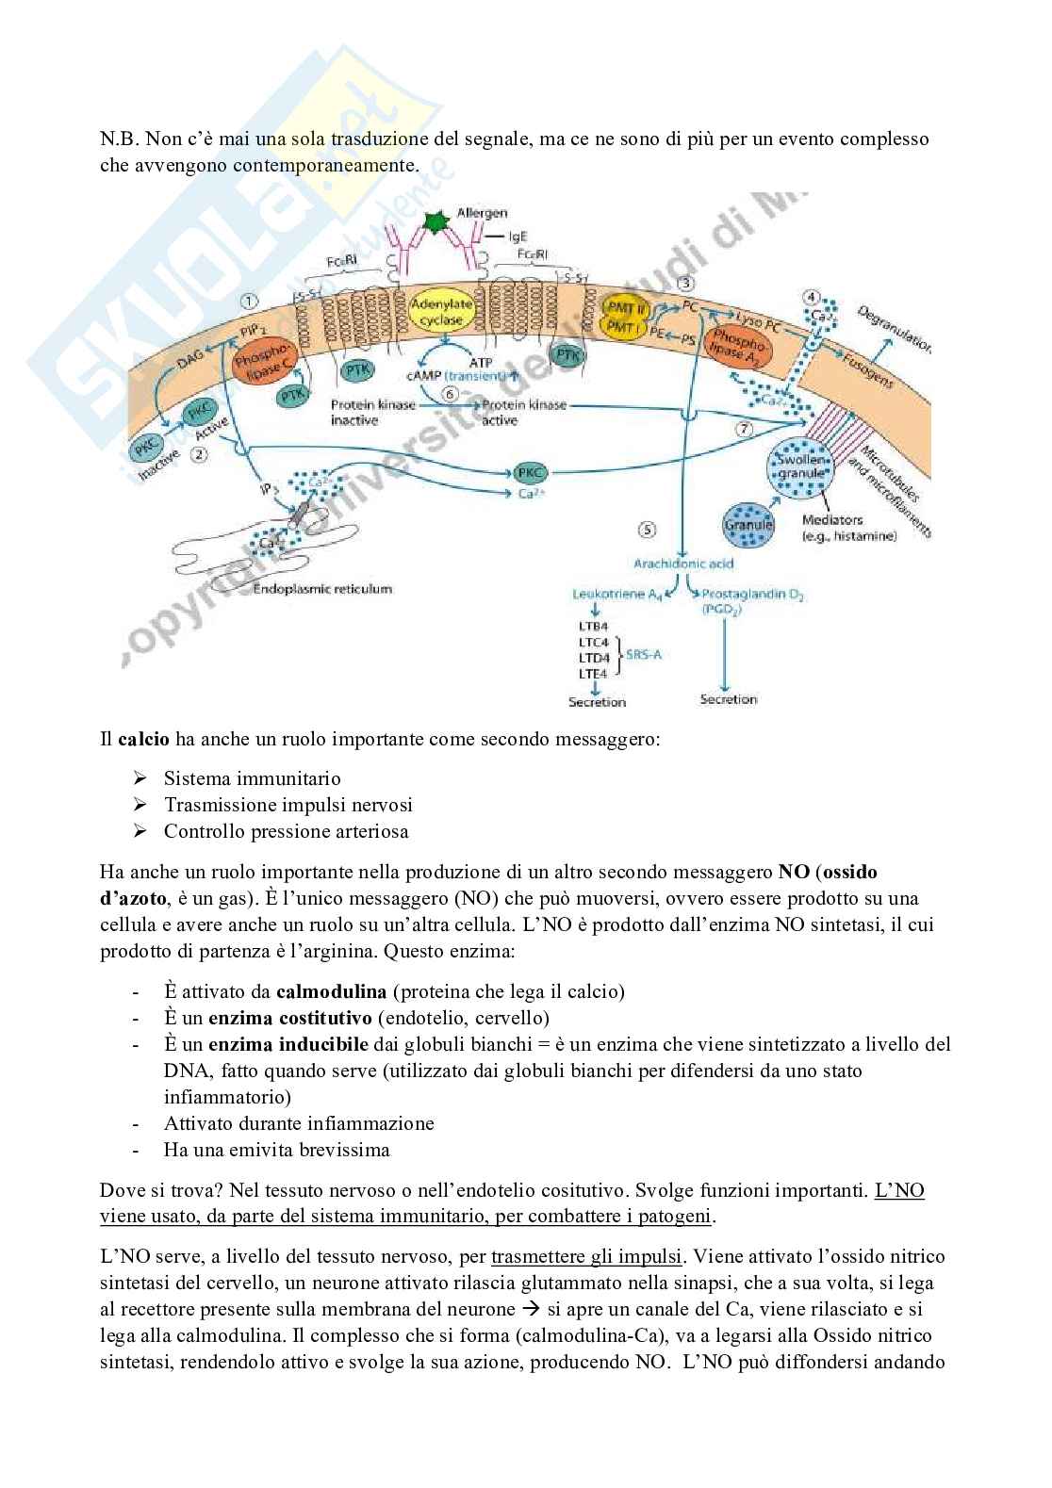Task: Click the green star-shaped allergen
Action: (435, 222)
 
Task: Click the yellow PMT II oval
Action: (627, 305)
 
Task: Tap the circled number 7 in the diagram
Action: (746, 430)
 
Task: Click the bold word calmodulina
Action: (331, 990)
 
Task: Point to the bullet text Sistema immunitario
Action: (252, 778)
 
